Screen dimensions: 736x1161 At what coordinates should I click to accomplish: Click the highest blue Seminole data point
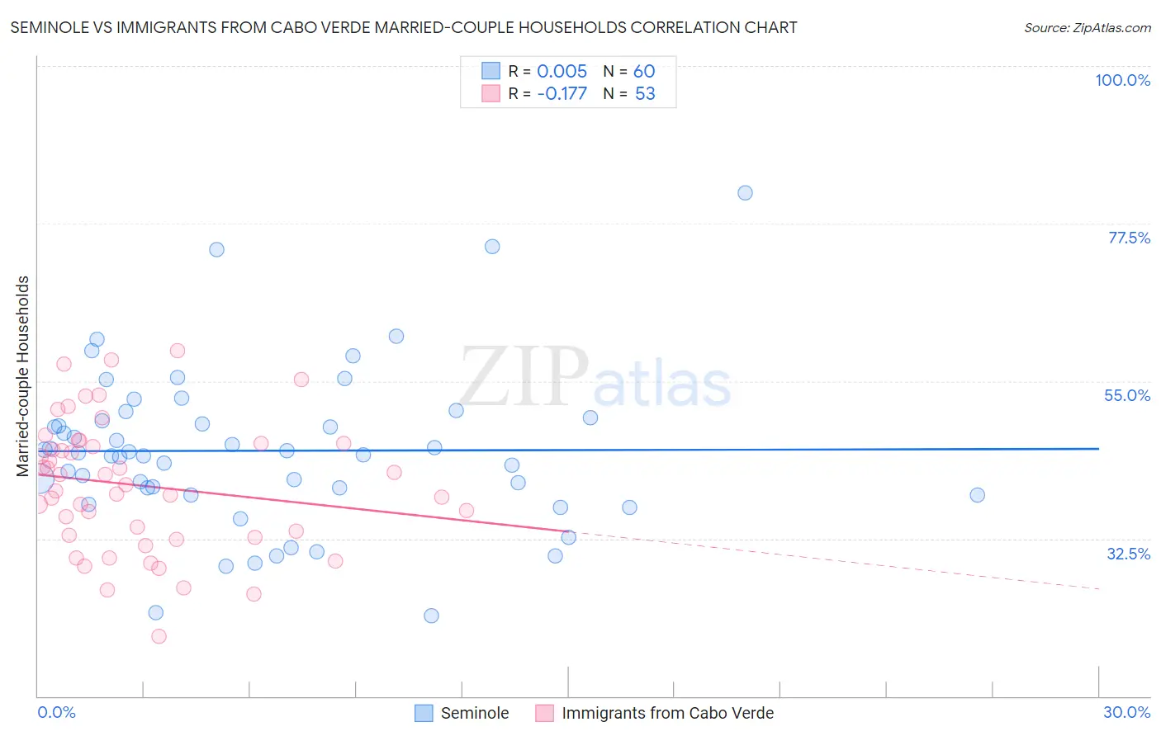(x=745, y=193)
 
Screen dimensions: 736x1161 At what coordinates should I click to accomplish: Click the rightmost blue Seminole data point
(x=977, y=495)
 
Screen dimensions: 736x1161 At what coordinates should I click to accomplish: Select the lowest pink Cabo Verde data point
(x=159, y=636)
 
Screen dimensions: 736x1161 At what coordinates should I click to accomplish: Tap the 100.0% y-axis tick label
(x=1122, y=80)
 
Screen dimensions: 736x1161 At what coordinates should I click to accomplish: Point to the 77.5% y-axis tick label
(x=1129, y=238)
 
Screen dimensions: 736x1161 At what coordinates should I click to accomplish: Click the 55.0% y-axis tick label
(x=1127, y=395)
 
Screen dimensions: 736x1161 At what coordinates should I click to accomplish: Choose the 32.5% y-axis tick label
(x=1128, y=554)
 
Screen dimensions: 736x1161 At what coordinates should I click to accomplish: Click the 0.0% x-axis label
(x=56, y=712)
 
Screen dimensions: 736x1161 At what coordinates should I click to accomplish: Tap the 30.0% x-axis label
(x=1126, y=712)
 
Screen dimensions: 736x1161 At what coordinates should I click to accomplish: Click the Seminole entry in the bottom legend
(x=474, y=713)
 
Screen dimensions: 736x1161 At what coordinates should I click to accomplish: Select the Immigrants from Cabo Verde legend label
(x=667, y=713)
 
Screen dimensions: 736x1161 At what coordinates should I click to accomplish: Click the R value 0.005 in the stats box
(x=562, y=71)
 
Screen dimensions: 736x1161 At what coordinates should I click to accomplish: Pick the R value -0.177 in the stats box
(x=562, y=94)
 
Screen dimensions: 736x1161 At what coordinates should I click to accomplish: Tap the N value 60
(x=644, y=71)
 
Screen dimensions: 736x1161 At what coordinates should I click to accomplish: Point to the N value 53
(x=645, y=94)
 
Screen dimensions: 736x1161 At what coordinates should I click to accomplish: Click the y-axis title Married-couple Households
(x=23, y=376)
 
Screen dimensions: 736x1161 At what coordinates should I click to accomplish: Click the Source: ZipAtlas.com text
(x=1087, y=28)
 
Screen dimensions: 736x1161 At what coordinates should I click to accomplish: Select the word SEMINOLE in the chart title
(x=48, y=28)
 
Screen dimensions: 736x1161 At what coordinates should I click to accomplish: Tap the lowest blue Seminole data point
(x=431, y=616)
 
